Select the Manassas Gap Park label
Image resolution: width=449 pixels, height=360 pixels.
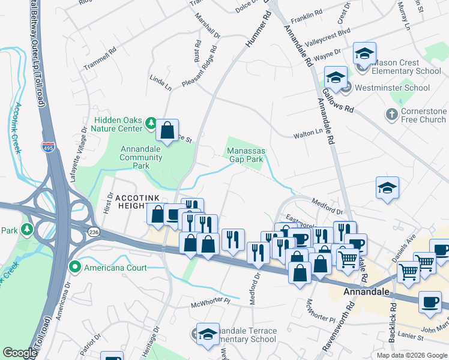[x=245, y=155]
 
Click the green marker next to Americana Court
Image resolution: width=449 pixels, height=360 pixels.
[x=75, y=267]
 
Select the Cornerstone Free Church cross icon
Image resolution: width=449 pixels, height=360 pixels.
[x=391, y=113]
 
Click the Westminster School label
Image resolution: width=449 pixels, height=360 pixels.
[x=392, y=88]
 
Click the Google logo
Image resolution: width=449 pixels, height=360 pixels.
[x=20, y=353]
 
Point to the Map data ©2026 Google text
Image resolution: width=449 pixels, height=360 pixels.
[x=411, y=355]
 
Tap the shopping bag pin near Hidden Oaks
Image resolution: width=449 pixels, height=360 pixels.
[x=169, y=128]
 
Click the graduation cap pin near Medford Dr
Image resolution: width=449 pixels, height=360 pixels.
[x=387, y=188]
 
